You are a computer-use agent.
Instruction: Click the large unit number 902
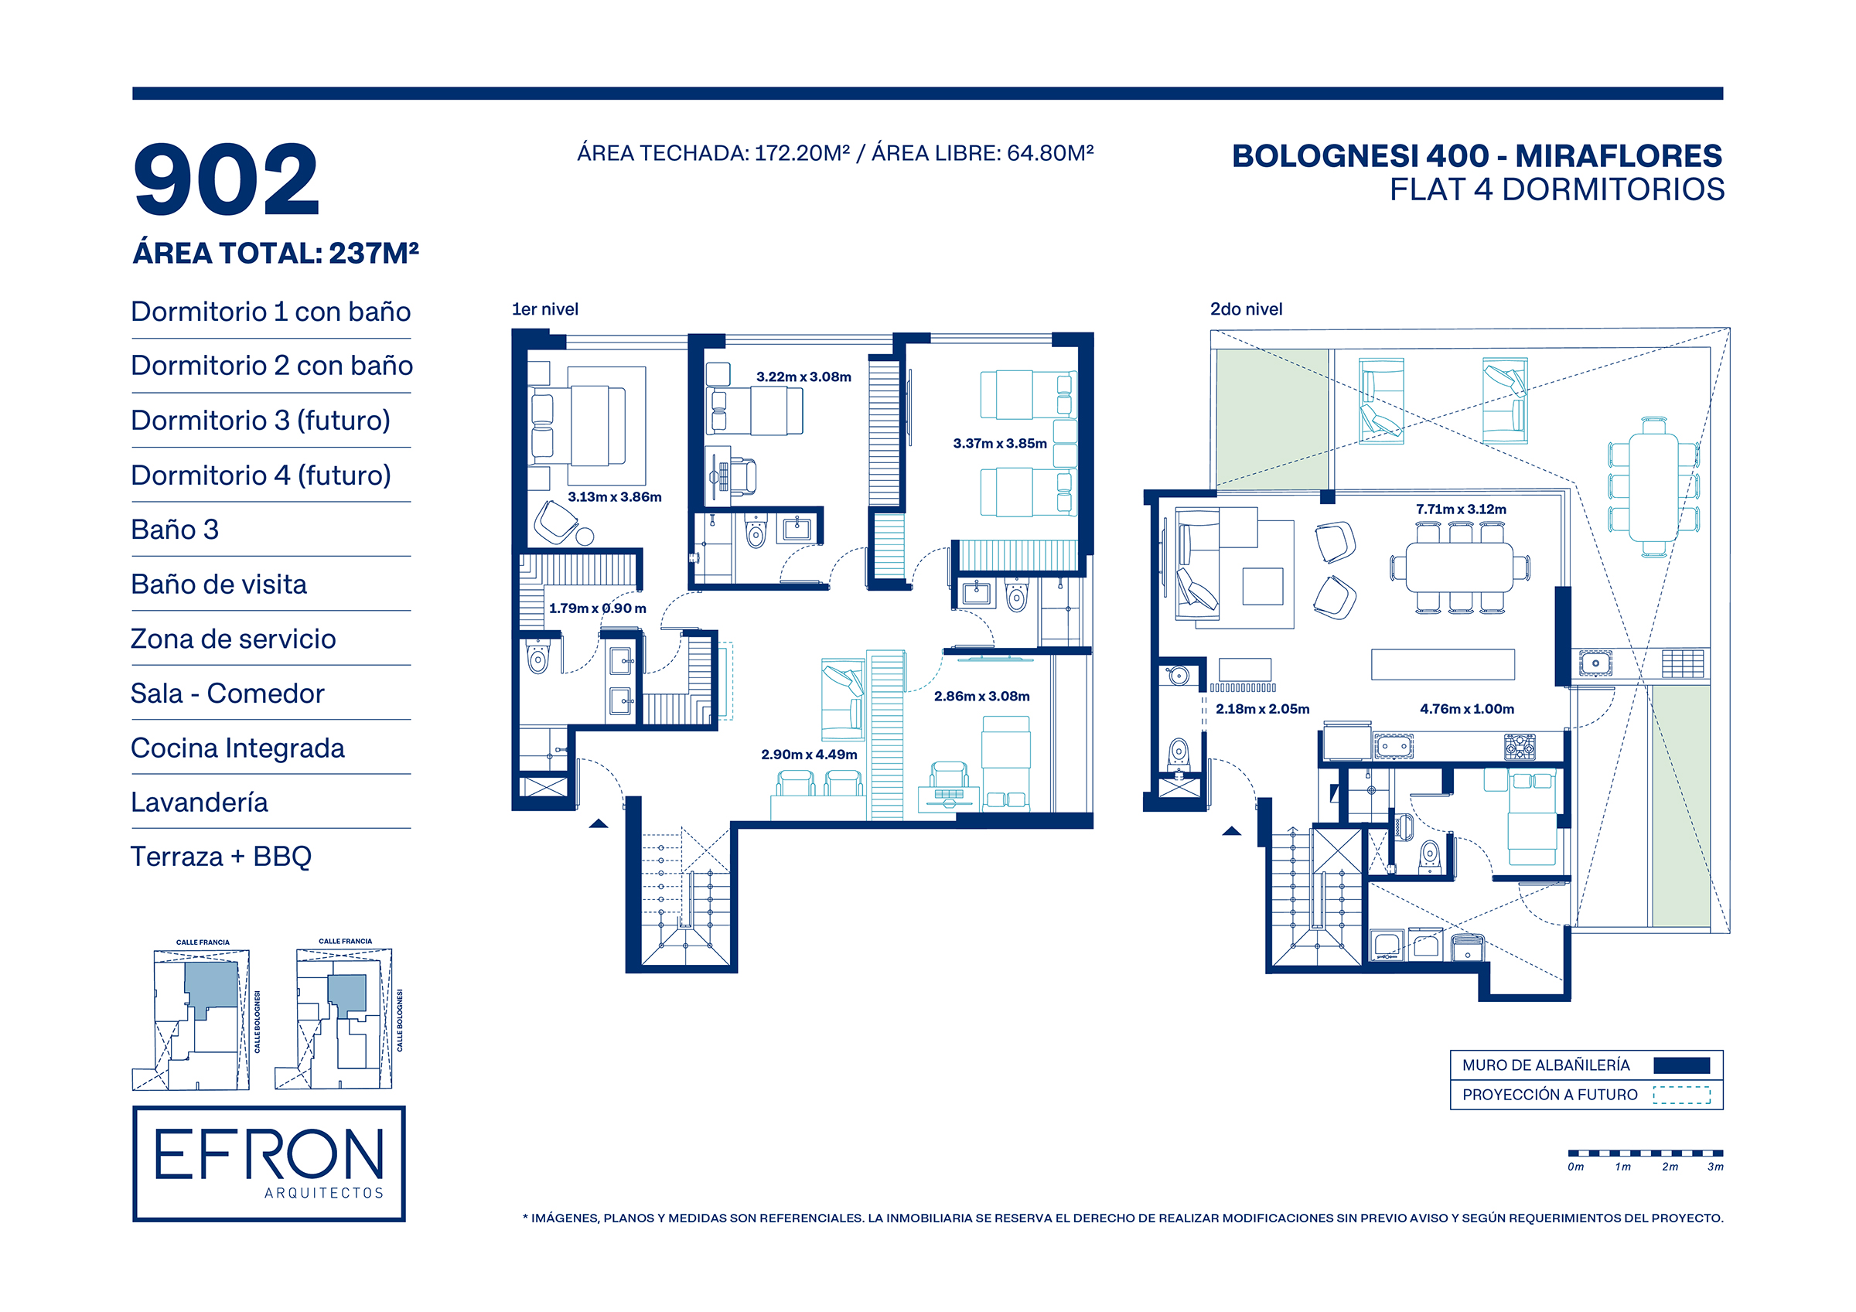227,179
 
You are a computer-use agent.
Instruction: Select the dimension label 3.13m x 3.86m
614,497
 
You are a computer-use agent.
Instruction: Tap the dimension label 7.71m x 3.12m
1461,509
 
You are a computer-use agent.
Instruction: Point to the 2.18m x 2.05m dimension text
1263,709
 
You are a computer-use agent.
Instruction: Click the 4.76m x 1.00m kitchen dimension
1467,709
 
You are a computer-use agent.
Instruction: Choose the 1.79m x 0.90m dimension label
597,608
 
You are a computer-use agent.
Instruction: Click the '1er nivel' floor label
545,309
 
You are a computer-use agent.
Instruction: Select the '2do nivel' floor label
1246,309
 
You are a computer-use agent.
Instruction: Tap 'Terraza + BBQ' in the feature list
221,856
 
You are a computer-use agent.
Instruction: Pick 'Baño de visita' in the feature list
219,584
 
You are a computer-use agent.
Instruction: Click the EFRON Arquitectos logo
268,1164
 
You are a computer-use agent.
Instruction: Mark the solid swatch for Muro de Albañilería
1681,1065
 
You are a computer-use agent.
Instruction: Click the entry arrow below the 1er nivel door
599,823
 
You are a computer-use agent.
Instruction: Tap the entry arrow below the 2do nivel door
1231,831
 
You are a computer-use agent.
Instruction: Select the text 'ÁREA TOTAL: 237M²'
275,253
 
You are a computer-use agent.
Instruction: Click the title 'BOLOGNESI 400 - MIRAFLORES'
1477,156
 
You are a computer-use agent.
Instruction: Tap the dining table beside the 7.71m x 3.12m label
1459,567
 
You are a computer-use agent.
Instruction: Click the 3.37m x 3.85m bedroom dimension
1000,444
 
